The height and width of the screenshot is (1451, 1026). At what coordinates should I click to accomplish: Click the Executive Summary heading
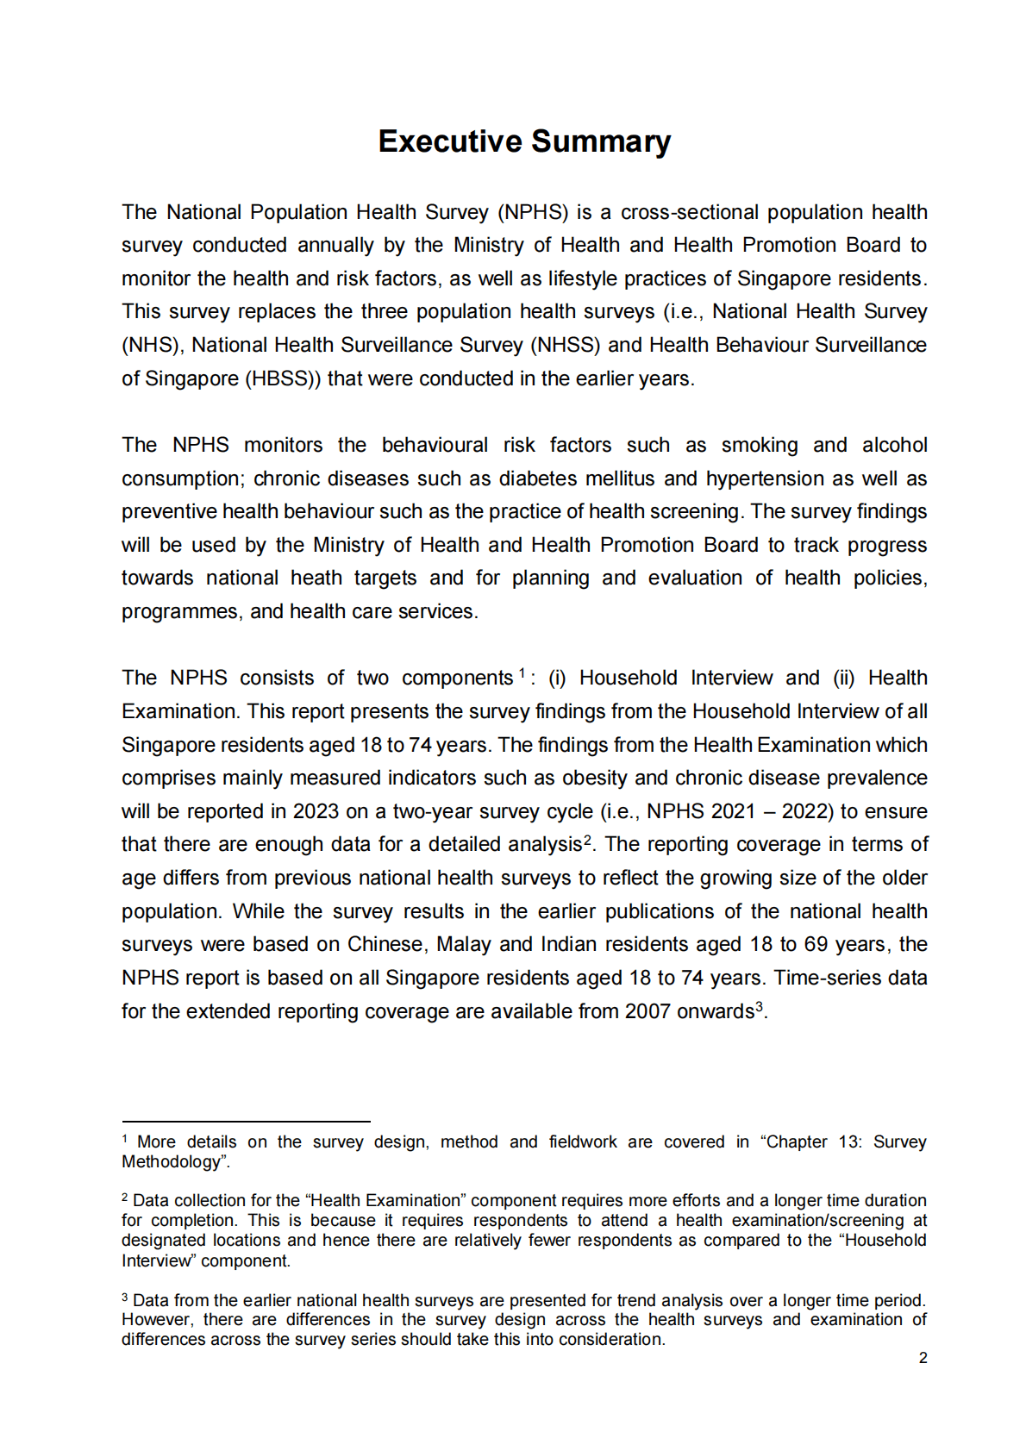[x=524, y=141]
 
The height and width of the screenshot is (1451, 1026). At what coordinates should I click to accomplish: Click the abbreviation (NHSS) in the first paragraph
[x=566, y=345]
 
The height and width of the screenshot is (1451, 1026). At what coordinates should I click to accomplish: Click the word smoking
[x=760, y=445]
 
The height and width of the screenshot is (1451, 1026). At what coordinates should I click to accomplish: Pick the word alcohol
[x=894, y=445]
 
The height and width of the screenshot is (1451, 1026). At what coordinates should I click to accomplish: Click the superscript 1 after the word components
[x=522, y=673]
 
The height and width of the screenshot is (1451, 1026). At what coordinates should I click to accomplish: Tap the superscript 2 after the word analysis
[x=587, y=840]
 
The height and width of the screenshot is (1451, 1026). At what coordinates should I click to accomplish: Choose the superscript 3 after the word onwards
[x=759, y=1006]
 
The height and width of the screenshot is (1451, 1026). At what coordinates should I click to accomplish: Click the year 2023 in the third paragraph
[x=316, y=811]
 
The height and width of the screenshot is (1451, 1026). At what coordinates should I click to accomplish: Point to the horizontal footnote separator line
[x=246, y=1122]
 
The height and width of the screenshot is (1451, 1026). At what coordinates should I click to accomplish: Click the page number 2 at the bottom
[x=923, y=1358]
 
